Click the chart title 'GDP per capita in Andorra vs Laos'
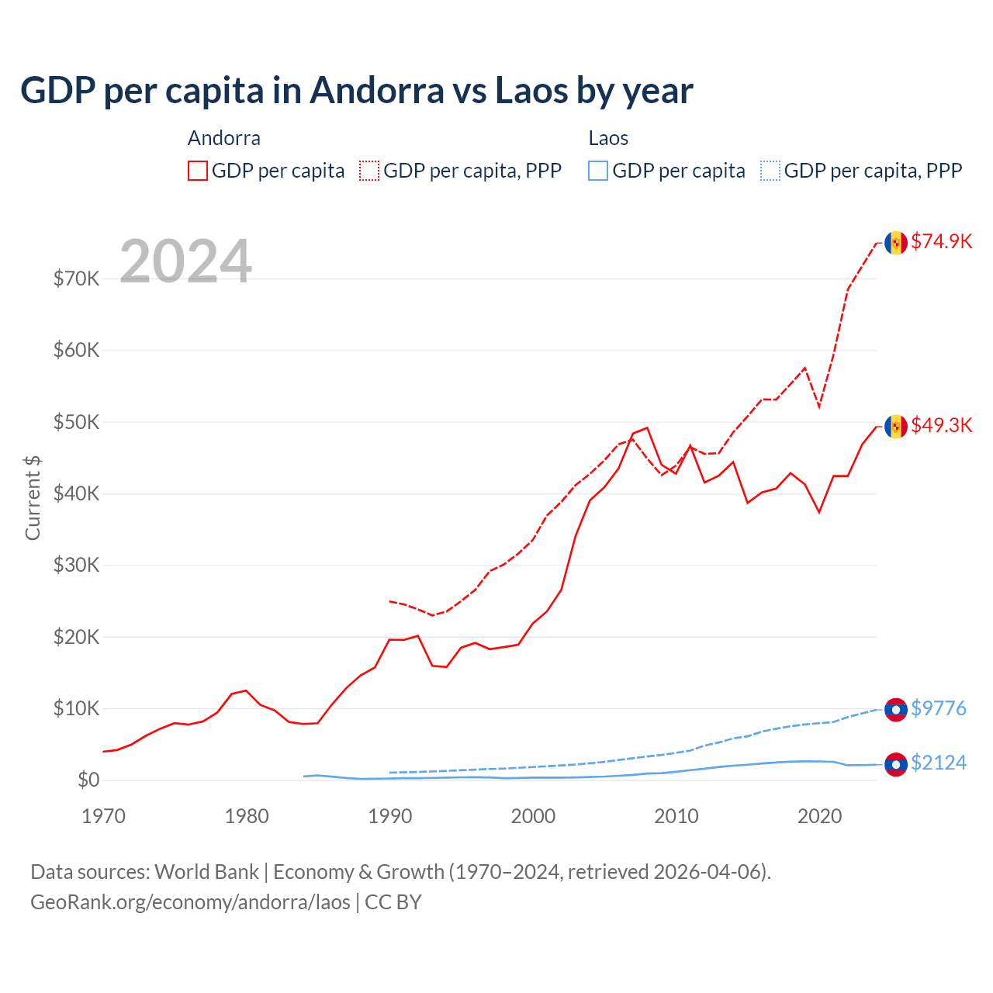click(x=356, y=91)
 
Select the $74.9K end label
click(x=941, y=241)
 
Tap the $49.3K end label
click(x=941, y=425)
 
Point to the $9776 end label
click(x=938, y=708)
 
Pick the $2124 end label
click(x=938, y=763)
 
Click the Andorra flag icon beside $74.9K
click(x=896, y=243)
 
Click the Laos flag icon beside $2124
click(x=896, y=764)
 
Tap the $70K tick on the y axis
click(x=76, y=279)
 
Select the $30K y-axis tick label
click(x=76, y=565)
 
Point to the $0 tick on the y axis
click(x=88, y=780)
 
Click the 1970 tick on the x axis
click(x=103, y=816)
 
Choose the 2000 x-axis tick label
click(x=533, y=816)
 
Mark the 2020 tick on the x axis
click(x=819, y=816)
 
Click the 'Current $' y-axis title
click(x=33, y=498)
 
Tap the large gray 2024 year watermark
click(x=185, y=261)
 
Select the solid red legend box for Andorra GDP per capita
click(x=198, y=171)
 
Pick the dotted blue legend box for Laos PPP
click(x=770, y=171)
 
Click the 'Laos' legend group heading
click(x=608, y=138)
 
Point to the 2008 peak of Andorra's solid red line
click(x=647, y=427)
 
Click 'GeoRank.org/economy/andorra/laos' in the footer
click(x=190, y=902)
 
